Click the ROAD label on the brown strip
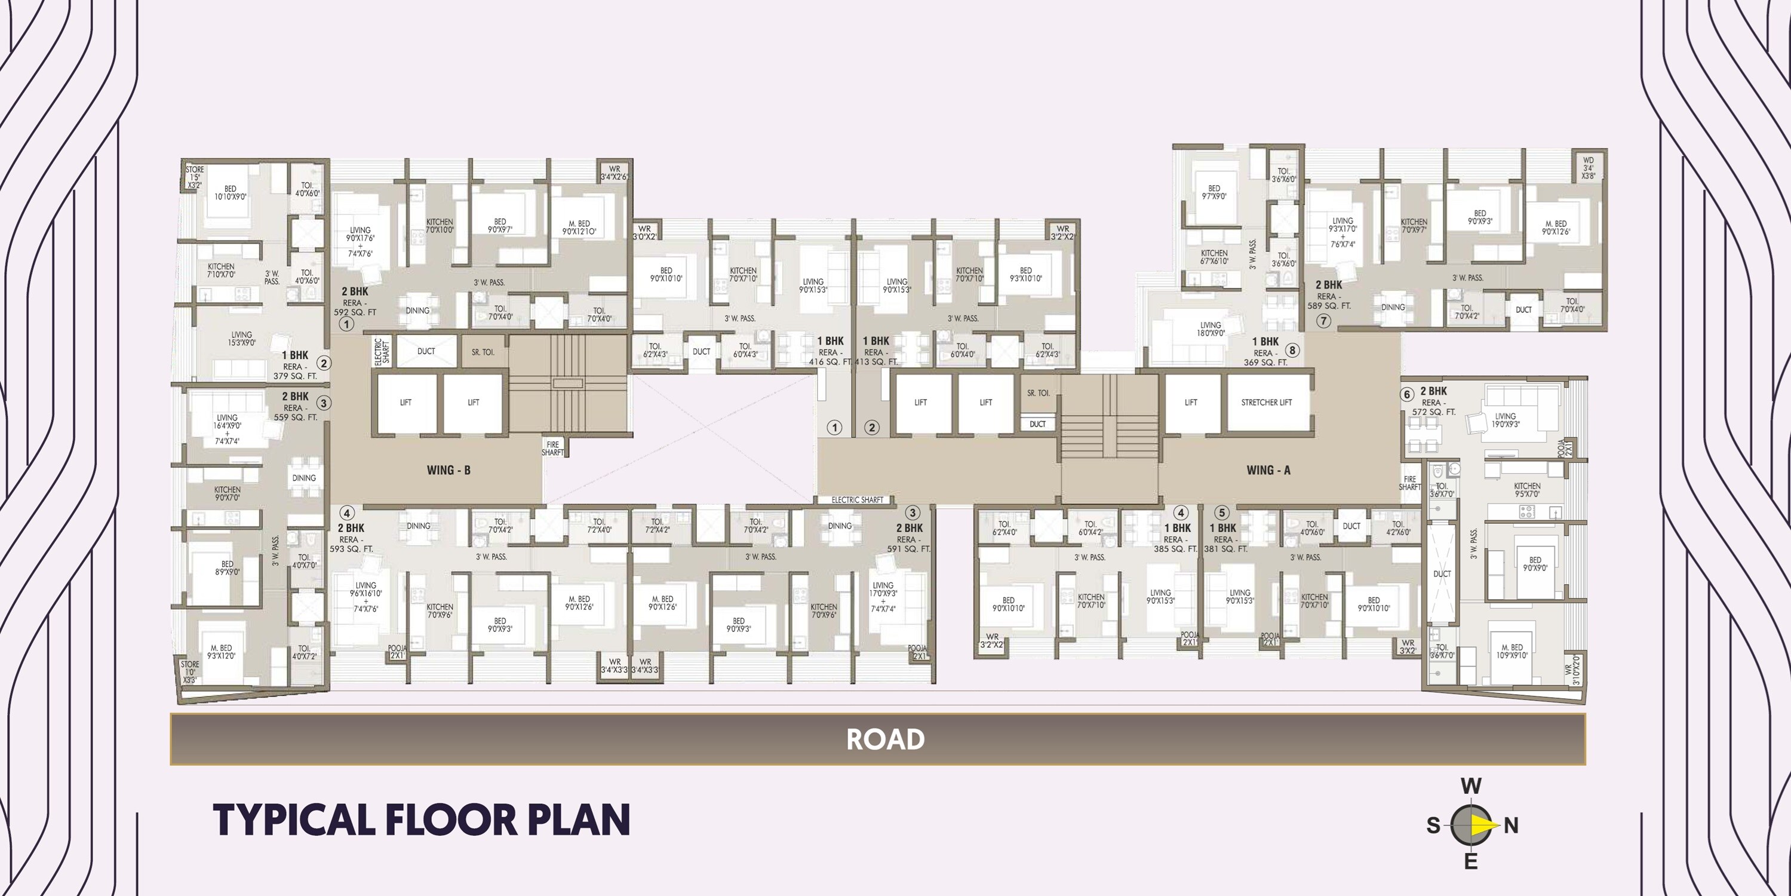(885, 739)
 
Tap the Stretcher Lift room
(1266, 402)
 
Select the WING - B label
(448, 470)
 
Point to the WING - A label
(1268, 470)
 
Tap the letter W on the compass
(1470, 787)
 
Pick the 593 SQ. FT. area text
(351, 549)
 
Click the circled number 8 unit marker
(1292, 351)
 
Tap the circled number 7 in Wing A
(1323, 321)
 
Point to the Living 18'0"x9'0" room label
(1211, 329)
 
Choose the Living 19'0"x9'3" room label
(1506, 420)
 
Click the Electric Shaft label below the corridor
(857, 499)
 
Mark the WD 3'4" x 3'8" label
(1589, 168)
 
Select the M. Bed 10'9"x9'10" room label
(1512, 651)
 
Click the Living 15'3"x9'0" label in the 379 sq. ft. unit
(241, 339)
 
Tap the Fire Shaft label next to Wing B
(553, 449)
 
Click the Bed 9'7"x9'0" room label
(1214, 192)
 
